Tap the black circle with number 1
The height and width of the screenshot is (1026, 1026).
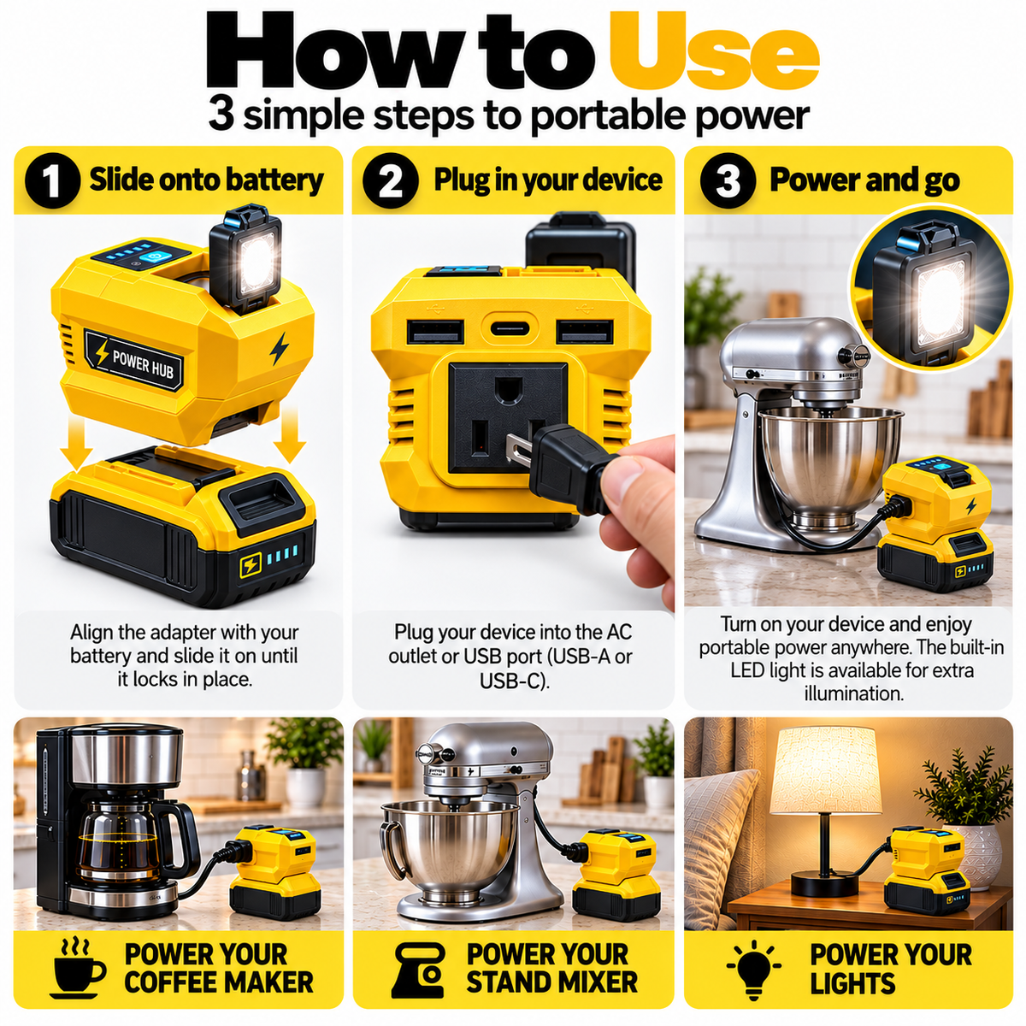pyautogui.click(x=52, y=180)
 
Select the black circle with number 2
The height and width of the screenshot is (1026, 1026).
pyautogui.click(x=390, y=180)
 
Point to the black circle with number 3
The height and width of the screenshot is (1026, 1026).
pyautogui.click(x=728, y=180)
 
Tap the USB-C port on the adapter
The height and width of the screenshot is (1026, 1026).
pyautogui.click(x=510, y=328)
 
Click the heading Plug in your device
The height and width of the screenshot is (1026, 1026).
pyautogui.click(x=548, y=180)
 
